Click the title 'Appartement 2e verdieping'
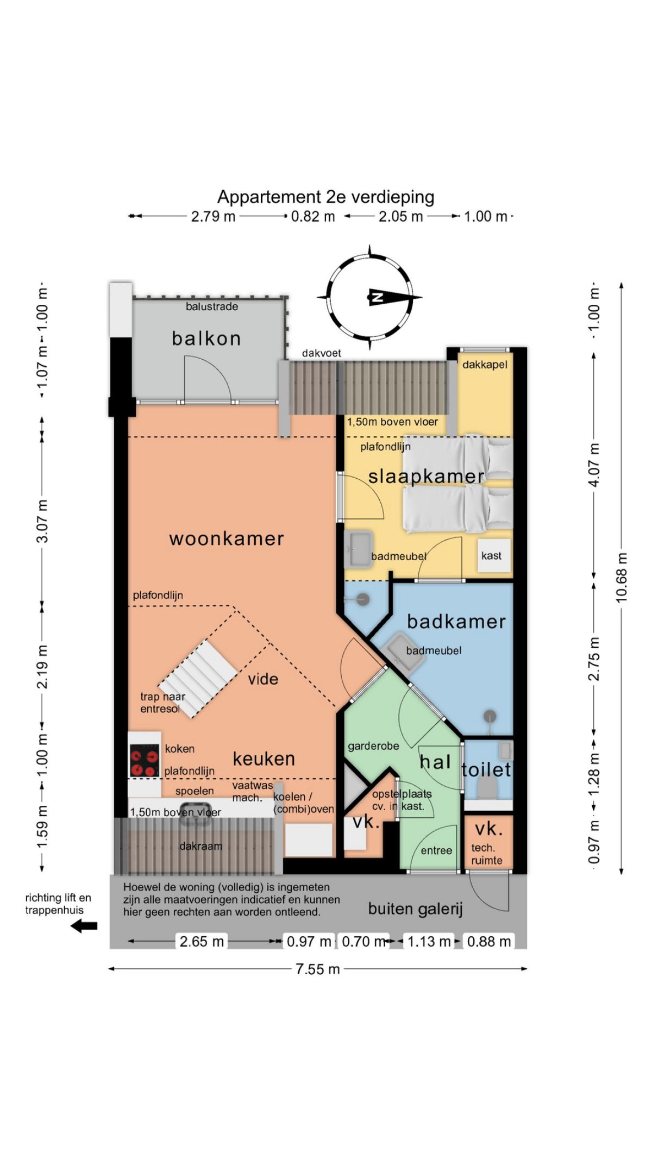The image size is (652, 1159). coord(325,197)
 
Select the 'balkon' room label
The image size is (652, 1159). coord(206,339)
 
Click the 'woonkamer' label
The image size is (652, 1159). coord(227,538)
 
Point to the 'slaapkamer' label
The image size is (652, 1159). coord(427,477)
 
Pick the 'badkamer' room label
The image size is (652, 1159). coord(456,621)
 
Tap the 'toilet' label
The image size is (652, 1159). coord(486,769)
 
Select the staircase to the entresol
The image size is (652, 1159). coord(198,679)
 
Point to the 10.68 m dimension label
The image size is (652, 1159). coord(622,578)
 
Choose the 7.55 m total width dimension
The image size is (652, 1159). coord(318,969)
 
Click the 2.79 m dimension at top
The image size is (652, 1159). coord(213,216)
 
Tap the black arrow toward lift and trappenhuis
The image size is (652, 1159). coord(84,926)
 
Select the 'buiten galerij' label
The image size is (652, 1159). coord(415,909)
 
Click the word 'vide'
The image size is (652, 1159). coord(263,679)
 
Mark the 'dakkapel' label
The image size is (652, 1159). coord(485,365)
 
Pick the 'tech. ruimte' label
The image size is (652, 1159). coord(486,854)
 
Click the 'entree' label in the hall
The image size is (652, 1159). coord(436,851)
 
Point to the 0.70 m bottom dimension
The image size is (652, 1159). coord(363,942)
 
